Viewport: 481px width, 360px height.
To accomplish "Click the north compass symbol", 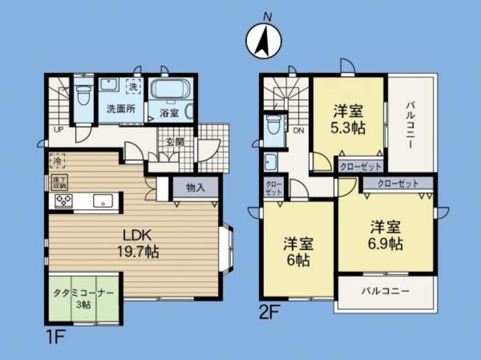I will click(264, 40).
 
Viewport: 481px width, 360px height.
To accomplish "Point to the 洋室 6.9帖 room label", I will click(385, 236).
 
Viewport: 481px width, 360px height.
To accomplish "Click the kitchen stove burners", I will click(63, 201).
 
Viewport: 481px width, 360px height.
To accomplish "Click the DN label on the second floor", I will click(298, 130).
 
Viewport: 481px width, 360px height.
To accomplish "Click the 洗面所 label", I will click(120, 108).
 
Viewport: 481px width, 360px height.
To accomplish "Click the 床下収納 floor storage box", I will click(56, 182).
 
